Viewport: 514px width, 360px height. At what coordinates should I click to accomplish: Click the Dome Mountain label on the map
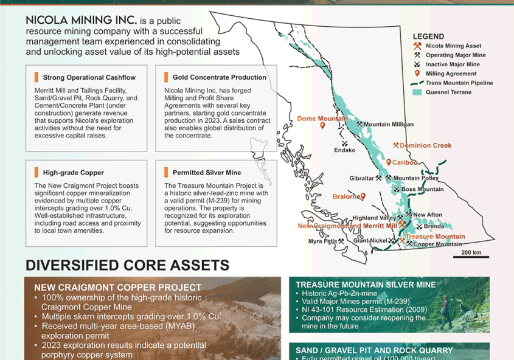click(x=322, y=119)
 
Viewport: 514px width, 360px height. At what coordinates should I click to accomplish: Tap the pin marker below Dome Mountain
click(x=322, y=126)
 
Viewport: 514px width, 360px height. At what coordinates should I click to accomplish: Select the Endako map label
click(x=344, y=150)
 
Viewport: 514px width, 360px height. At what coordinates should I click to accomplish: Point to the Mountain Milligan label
click(x=389, y=125)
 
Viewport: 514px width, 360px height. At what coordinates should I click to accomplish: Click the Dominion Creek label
click(x=425, y=145)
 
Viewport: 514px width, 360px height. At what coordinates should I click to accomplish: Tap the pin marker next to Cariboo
click(x=389, y=162)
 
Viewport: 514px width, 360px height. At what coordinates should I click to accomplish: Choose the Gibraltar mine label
click(x=361, y=178)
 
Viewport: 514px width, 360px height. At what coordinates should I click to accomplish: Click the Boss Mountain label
click(x=423, y=189)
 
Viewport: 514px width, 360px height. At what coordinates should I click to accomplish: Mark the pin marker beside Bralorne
click(x=363, y=196)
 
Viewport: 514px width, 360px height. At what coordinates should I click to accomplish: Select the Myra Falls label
click(x=322, y=241)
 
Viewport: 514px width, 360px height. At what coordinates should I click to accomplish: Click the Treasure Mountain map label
click(x=435, y=237)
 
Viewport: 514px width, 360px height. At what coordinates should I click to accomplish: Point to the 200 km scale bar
click(x=471, y=257)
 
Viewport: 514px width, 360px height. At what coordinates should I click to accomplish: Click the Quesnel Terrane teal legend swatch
click(x=417, y=92)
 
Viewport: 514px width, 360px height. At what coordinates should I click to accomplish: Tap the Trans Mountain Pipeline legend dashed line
click(x=417, y=83)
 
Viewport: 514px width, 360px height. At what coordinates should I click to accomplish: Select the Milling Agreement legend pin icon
click(x=417, y=74)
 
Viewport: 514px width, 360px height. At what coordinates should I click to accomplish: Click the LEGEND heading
click(x=428, y=36)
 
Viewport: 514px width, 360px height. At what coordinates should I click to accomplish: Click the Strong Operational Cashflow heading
click(x=89, y=78)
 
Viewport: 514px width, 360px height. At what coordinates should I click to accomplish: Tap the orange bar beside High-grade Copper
click(x=36, y=172)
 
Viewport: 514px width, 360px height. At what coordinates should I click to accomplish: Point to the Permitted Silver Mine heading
click(x=207, y=173)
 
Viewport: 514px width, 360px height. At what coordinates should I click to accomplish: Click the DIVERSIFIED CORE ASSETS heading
click(x=128, y=265)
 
